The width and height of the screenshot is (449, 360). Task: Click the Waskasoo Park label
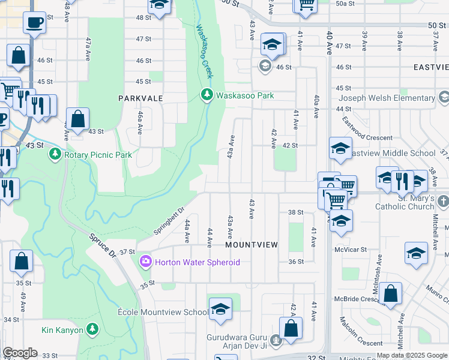click(245, 95)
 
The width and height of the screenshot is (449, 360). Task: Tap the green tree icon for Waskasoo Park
click(206, 95)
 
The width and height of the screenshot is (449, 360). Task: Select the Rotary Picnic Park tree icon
click(55, 155)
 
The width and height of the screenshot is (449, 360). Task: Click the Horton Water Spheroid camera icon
click(145, 262)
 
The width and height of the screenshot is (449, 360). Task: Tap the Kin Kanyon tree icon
click(92, 329)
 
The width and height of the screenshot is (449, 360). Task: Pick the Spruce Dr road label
click(103, 245)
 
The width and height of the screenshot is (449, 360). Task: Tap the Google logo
click(20, 353)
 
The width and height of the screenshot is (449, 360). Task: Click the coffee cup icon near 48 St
click(34, 23)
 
